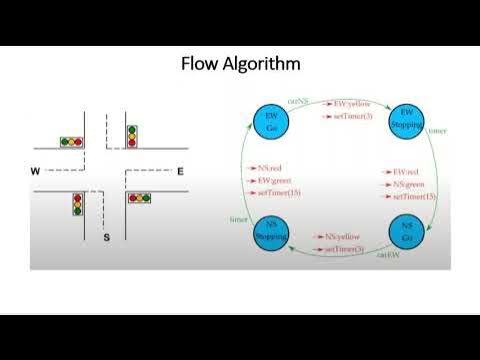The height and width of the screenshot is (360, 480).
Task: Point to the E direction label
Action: point(180,172)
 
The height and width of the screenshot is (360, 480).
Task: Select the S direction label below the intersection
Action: point(107,237)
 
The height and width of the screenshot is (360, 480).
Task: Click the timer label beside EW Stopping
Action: point(437,131)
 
